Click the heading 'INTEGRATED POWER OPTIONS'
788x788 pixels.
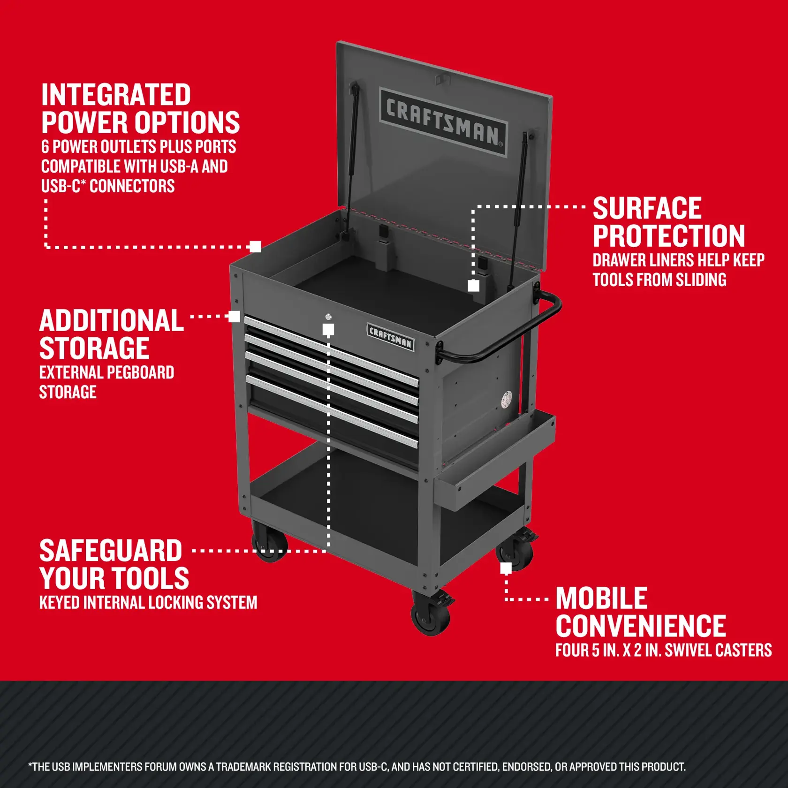[140, 109]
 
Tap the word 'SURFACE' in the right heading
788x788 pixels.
[647, 208]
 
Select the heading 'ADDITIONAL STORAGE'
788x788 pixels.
[111, 334]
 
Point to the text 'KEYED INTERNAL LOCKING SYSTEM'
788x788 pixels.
[148, 603]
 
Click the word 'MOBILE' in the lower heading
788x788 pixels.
[601, 599]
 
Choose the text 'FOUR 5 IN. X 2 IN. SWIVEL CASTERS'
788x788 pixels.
[663, 650]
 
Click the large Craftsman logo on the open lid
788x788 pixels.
[443, 121]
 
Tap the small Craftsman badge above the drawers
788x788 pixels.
[390, 336]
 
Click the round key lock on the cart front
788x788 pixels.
[328, 317]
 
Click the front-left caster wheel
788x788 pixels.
[269, 544]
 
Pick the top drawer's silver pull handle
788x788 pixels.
[331, 349]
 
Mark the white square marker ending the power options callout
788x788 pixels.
[255, 247]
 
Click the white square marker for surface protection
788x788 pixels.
[474, 286]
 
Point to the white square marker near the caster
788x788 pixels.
[506, 568]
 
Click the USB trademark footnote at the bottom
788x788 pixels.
[356, 767]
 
